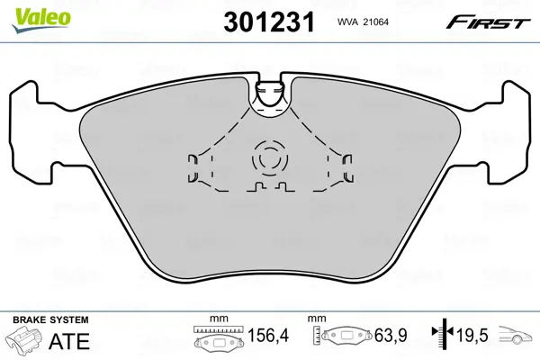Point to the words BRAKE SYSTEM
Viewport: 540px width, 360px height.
(49, 320)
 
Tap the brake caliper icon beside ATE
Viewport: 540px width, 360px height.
(24, 342)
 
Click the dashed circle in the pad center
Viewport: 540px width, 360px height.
(267, 158)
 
